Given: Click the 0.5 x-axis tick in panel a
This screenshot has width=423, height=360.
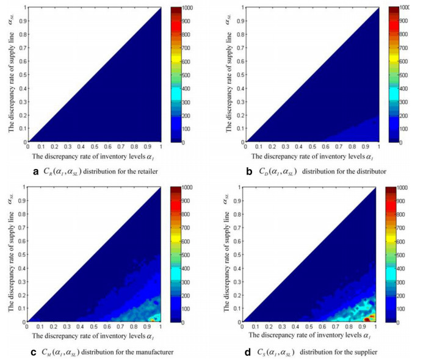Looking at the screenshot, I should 95,148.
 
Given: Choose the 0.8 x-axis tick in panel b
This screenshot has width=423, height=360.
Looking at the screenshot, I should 347,148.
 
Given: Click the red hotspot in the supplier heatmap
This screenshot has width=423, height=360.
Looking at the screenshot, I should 366,319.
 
